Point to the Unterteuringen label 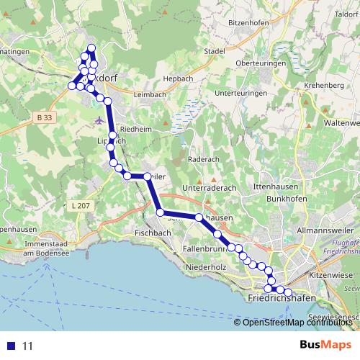coord(240,93)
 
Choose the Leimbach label coord(150,94)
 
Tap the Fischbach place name coord(151,233)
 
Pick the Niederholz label coord(205,267)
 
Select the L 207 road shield coord(81,206)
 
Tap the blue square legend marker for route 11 coord(11,345)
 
